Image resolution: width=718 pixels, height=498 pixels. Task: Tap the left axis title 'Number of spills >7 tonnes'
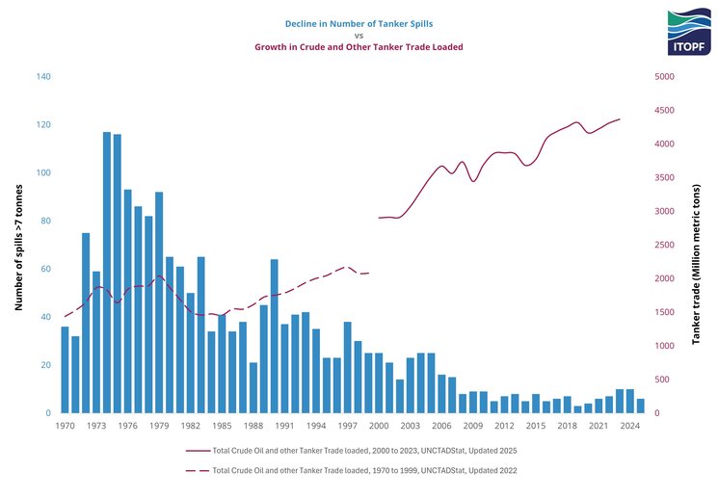tap(19, 245)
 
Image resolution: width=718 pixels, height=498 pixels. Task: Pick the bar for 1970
tap(65, 370)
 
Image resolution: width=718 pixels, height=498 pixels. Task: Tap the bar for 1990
tap(275, 336)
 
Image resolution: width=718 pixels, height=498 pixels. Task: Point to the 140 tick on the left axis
tap(43, 76)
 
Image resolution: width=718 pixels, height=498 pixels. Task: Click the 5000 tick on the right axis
tap(665, 76)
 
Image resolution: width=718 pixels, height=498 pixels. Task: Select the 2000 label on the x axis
tap(379, 425)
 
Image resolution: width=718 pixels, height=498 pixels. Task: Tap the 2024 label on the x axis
tap(630, 425)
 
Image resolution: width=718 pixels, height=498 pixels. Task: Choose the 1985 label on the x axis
tap(222, 425)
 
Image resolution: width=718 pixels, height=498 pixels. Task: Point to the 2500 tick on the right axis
tap(665, 245)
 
